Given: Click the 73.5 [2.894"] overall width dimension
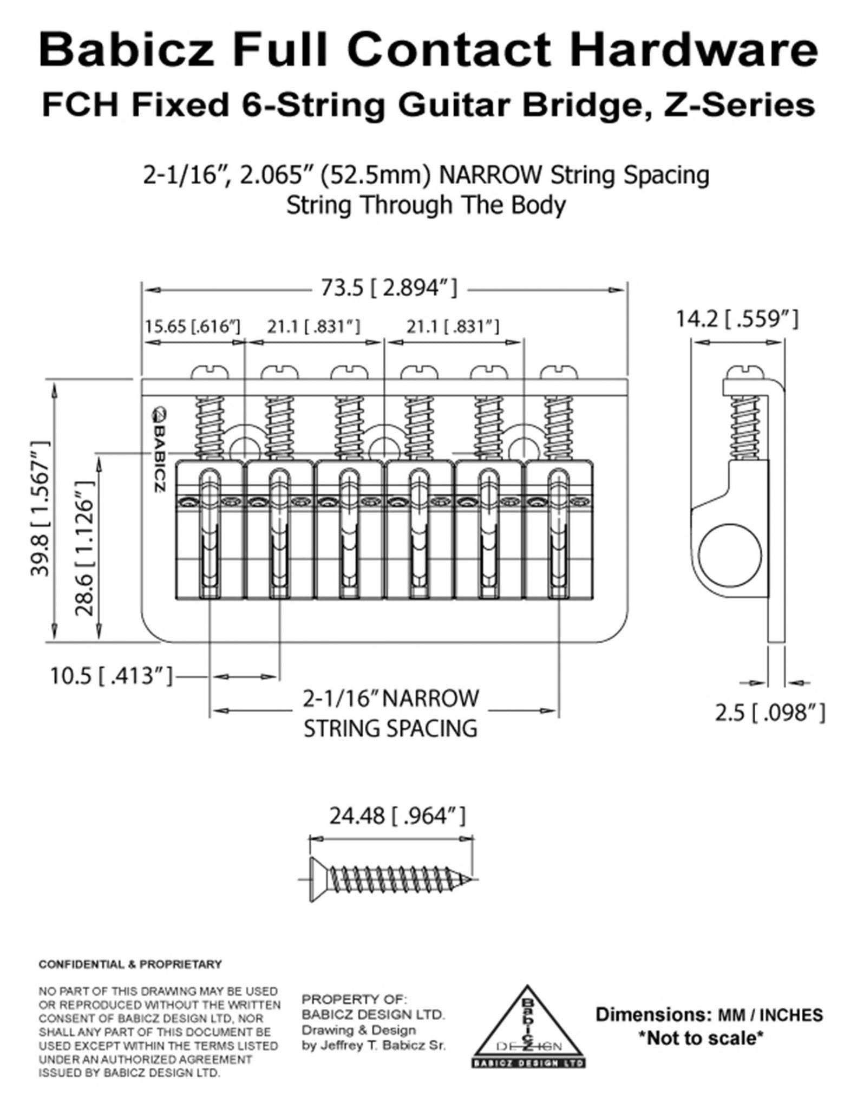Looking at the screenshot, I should pos(389,288).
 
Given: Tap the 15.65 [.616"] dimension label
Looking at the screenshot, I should pos(192,327).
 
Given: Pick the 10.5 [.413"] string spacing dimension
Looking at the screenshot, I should pos(112,676).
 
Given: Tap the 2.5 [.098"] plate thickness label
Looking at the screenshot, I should pos(769,713).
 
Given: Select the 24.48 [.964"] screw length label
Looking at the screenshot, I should pos(397,816).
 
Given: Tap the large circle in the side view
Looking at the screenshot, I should pos(729,556).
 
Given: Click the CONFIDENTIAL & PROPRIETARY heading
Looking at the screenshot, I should pos(130,964).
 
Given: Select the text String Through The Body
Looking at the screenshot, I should pos(426,205).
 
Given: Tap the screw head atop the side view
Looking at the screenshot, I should pos(745,372).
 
